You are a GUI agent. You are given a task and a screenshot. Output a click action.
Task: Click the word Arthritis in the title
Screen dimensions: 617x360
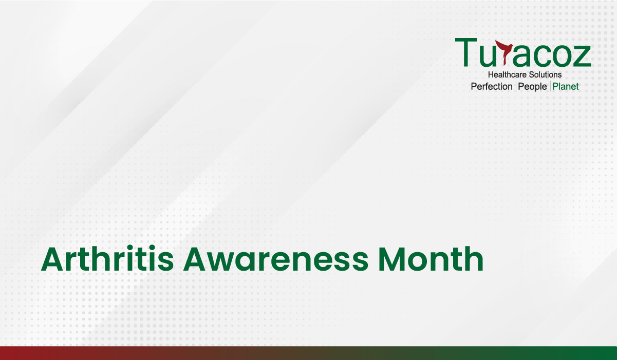(107, 259)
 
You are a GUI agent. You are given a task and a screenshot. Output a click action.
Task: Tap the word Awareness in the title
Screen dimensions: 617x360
(276, 259)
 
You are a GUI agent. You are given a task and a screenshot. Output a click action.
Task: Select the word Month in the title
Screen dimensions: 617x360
(431, 259)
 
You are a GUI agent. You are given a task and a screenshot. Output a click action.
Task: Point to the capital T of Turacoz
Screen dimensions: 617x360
(466, 52)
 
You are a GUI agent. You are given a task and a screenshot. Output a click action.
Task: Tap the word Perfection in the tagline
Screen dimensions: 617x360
(492, 86)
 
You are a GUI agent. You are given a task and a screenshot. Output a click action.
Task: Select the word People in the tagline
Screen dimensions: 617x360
(532, 87)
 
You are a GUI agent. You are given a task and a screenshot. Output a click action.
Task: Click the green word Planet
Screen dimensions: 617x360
(565, 86)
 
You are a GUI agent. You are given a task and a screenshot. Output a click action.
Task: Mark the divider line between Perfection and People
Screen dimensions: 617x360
(516, 86)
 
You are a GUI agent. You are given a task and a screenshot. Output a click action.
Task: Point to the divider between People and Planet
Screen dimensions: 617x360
(550, 86)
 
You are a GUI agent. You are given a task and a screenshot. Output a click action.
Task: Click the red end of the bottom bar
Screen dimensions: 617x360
(11, 353)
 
